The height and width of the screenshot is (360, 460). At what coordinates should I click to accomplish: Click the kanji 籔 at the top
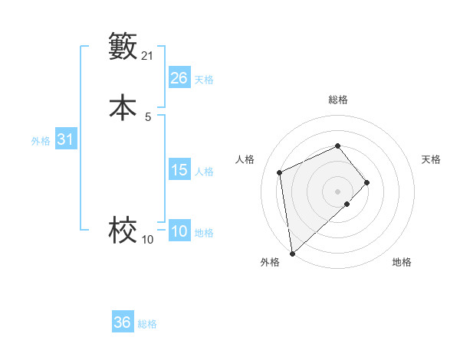coord(123,47)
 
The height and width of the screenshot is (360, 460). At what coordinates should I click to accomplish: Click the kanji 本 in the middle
coord(123,107)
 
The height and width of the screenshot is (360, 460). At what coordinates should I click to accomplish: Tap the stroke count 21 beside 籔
coord(148,56)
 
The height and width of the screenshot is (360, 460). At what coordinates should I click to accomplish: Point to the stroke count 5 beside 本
coord(148,117)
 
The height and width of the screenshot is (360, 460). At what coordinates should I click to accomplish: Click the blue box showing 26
coord(179,78)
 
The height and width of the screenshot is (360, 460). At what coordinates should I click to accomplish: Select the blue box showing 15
coord(179,170)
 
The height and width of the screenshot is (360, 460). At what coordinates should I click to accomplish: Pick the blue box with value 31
coord(65,140)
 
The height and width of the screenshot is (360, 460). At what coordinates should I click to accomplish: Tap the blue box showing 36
coord(123,322)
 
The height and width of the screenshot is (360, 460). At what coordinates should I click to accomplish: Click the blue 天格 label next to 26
coord(204,80)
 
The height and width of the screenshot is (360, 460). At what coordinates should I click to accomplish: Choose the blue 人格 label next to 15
coord(204,172)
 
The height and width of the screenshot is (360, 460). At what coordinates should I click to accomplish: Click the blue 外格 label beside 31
coord(41,141)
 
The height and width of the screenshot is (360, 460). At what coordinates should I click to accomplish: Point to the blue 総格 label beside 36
coord(147,324)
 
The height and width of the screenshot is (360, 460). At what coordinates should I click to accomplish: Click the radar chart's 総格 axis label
coord(337,100)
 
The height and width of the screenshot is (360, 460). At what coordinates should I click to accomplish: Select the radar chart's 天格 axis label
coord(431,159)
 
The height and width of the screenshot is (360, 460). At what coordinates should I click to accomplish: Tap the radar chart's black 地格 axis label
coord(402,262)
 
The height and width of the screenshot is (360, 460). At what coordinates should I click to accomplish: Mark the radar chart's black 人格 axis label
coord(245,159)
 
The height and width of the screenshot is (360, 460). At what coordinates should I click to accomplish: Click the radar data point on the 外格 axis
coord(292,253)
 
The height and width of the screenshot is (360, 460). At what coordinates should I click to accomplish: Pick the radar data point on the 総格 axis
coord(337,146)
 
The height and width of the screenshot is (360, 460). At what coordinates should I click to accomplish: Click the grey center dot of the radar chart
coord(337,191)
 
